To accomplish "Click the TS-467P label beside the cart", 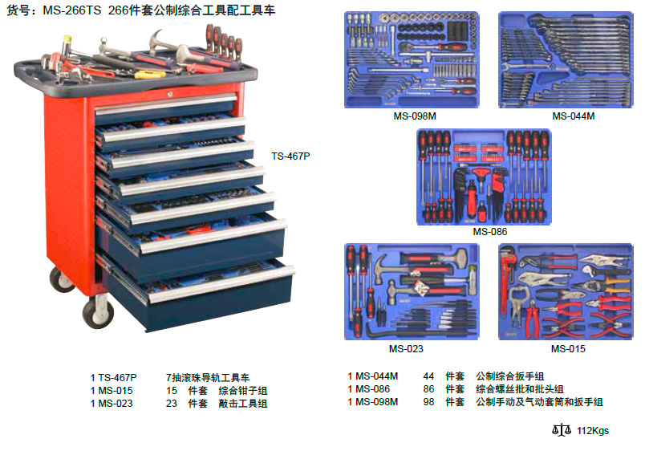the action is pos(290,156).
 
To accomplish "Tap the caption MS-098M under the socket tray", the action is pos(415,116).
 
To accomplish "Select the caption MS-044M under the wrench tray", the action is pos(574,116).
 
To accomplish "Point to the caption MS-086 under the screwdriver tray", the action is pos(490,232).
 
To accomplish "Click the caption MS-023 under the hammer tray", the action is pos(406,349).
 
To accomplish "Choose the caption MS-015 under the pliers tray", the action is pos(568,349).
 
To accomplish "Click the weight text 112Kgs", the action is pos(593,431).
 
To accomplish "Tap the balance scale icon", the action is pos(562,430).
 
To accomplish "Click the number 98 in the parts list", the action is pos(428,402).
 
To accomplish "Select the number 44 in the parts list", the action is pos(428,376).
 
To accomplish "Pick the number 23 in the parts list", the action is pos(172,404).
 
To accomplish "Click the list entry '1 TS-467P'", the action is pos(114,378).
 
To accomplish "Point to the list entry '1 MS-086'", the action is pos(368,389).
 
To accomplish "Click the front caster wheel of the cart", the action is pos(98,313).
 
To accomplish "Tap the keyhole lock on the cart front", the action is pos(169,94).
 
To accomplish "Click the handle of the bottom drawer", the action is pos(221,285).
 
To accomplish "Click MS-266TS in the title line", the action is pos(72,10).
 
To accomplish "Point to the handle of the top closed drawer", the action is pos(166,104).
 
